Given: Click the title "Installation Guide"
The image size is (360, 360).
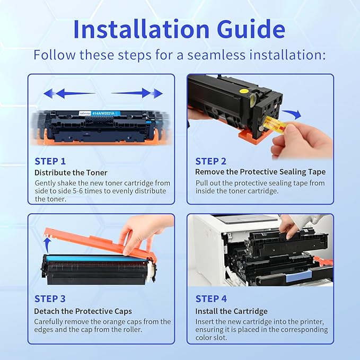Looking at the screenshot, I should tap(180, 29).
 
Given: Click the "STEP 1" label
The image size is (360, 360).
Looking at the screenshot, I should tap(50, 161).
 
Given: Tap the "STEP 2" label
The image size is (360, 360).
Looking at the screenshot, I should tap(211, 161).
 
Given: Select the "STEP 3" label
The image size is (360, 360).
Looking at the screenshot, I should tap(50, 299).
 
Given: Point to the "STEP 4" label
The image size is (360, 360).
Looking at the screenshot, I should tap(211, 299).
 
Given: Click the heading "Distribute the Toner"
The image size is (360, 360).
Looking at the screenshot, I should tap(71, 173).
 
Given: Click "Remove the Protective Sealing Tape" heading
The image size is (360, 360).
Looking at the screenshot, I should tap(260, 172).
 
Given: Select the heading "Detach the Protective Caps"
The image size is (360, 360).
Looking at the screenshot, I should tap(83, 311).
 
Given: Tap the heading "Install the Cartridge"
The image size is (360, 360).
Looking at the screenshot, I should tap(231, 311).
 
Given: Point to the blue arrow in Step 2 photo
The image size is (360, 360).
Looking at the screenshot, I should tap(292, 114).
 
